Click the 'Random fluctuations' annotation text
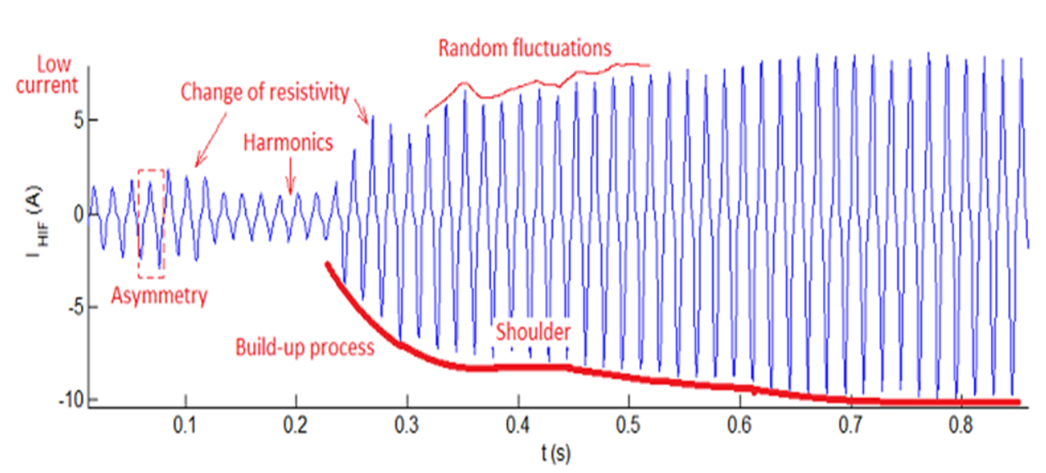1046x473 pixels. click(x=525, y=48)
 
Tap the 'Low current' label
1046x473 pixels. click(x=47, y=75)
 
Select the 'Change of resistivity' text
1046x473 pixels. click(x=265, y=92)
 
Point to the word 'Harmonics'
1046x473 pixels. click(x=288, y=143)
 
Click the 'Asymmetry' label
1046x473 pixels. click(x=159, y=296)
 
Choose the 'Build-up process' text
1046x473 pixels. click(x=304, y=348)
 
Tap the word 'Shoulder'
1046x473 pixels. click(x=533, y=331)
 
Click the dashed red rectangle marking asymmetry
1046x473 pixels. click(x=139, y=223)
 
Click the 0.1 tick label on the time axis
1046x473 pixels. click(x=185, y=425)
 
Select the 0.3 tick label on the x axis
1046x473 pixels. click(x=407, y=425)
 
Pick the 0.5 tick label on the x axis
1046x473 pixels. click(x=629, y=425)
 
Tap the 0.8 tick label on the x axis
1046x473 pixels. click(x=961, y=425)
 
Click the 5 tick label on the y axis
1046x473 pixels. click(x=79, y=121)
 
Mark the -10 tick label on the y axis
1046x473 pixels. click(x=71, y=400)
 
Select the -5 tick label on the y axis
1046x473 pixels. click(x=75, y=307)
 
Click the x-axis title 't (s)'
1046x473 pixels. click(x=556, y=453)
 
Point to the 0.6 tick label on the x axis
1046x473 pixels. click(x=739, y=425)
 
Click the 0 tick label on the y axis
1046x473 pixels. click(x=79, y=213)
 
